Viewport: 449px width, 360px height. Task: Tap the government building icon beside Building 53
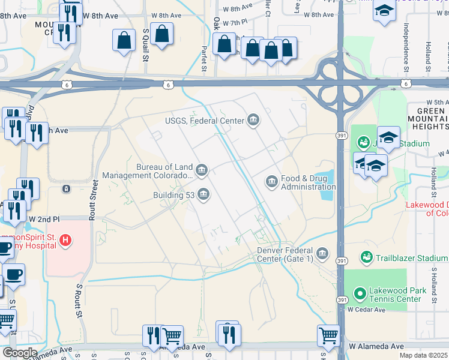point(203,194)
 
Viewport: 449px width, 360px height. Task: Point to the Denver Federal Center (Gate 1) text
point(285,254)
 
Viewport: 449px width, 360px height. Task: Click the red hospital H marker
point(66,242)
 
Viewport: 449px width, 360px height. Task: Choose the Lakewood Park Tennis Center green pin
point(360,294)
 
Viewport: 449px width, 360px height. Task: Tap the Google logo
point(20,353)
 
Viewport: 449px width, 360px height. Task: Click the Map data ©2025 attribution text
point(423,355)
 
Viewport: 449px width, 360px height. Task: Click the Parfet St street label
point(204,60)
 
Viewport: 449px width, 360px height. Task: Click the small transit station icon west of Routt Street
point(65,188)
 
